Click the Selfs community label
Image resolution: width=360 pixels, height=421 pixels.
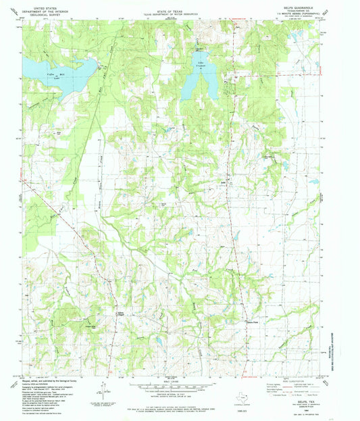pyautogui.click(x=223, y=183)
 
